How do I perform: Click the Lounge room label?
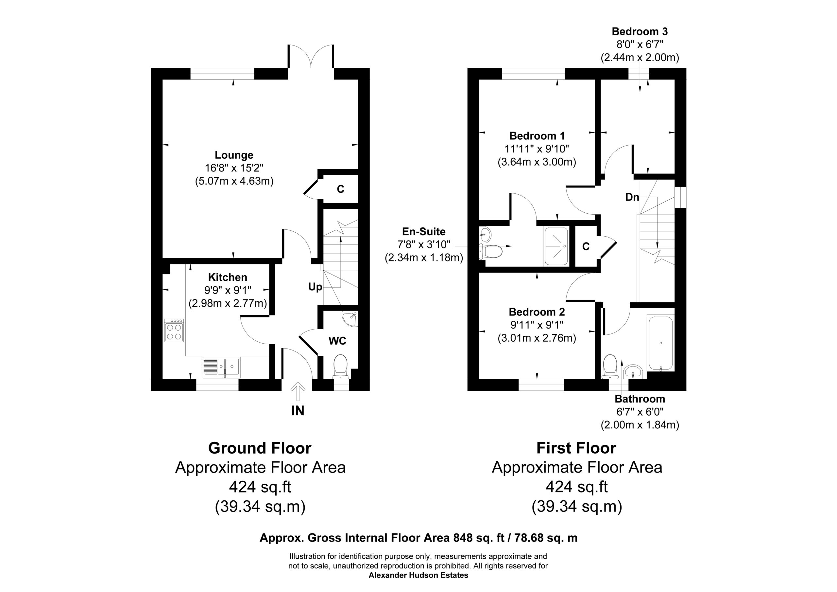point(234,155)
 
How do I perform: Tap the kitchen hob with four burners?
point(174,330)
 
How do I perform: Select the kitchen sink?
point(221,367)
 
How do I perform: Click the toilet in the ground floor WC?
point(341,367)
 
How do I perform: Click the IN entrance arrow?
point(298,392)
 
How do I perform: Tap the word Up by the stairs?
point(315,287)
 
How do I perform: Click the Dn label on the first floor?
point(632,197)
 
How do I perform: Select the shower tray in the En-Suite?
point(556,246)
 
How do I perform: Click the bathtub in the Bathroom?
point(660,343)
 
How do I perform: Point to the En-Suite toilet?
point(491,251)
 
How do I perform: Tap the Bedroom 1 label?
point(537,136)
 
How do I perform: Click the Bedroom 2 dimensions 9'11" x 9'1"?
point(537,325)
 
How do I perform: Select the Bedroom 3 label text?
point(640,31)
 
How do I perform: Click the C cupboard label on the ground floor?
point(340,189)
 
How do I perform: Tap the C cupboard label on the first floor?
point(586,247)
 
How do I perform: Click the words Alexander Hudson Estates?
point(418,575)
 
